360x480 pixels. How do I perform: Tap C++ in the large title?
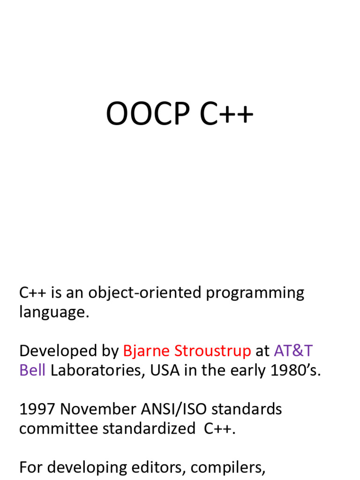[x=227, y=115]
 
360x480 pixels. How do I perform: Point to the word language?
[x=53, y=313]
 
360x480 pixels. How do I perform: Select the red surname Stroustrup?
[x=212, y=351]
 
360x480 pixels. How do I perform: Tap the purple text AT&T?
[x=293, y=351]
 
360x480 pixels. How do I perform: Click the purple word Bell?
[x=32, y=370]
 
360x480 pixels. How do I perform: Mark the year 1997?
[x=37, y=409]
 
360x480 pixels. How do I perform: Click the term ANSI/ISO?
[x=176, y=409]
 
